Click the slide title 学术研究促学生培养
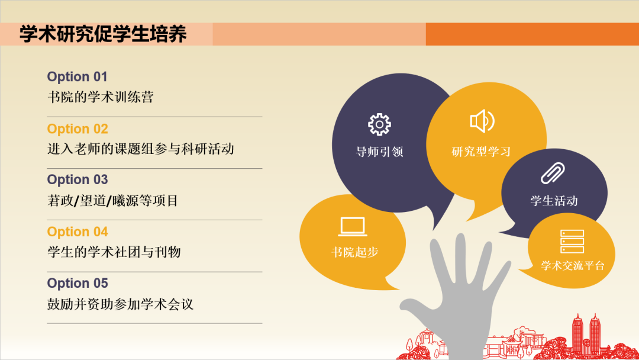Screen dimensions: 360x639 tap(104, 34)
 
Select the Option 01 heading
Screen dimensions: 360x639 tap(78, 77)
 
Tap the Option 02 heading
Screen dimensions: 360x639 tap(78, 129)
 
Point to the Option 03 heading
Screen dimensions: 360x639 tap(78, 180)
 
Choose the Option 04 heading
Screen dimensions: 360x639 tap(78, 232)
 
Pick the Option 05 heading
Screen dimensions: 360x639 tap(78, 284)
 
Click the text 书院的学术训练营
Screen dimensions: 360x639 tap(101, 97)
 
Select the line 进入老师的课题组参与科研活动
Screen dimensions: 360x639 tap(141, 149)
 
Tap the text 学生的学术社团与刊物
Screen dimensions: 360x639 tap(114, 252)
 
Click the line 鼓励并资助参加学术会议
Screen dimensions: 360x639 tap(121, 304)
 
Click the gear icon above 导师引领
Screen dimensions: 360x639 tap(379, 124)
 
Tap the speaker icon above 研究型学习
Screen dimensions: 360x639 tap(482, 121)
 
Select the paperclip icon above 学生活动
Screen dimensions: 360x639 tap(554, 173)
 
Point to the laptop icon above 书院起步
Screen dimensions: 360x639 tap(353, 227)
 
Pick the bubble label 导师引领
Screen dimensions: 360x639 tap(379, 152)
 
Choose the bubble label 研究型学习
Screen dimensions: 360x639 tap(481, 152)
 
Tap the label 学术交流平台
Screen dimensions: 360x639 tap(573, 266)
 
